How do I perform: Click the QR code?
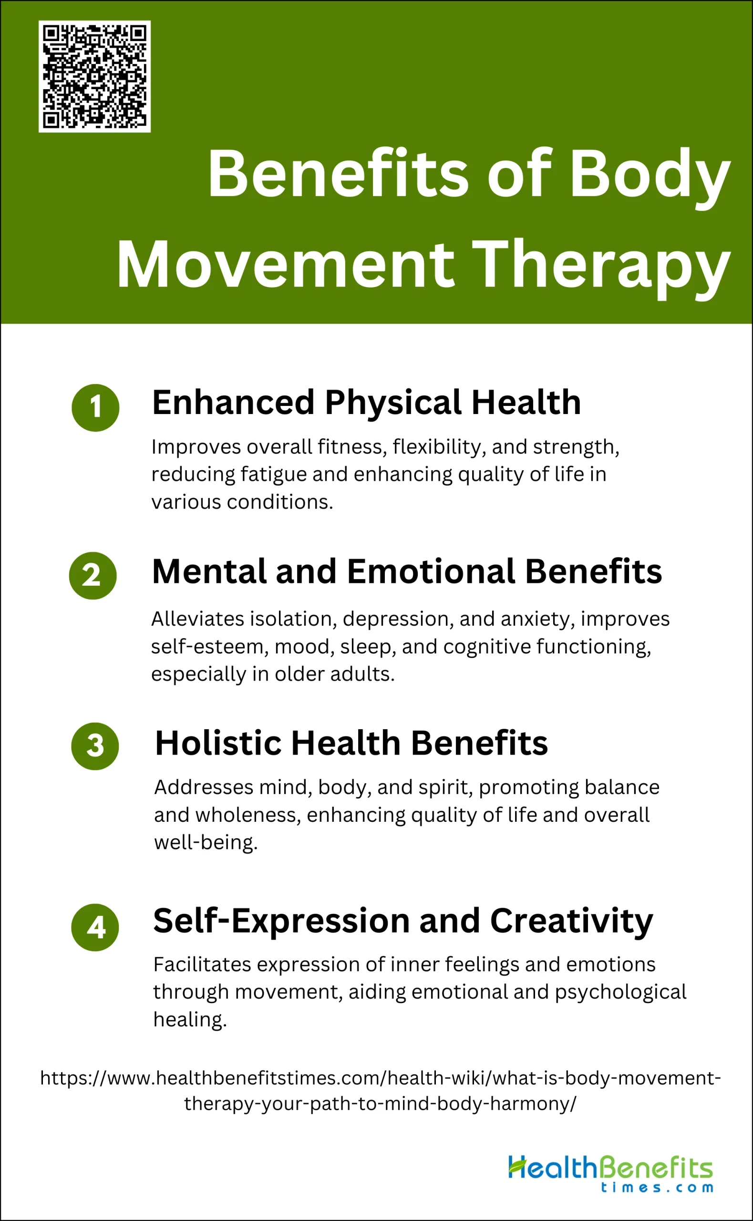94,76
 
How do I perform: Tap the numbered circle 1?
96,407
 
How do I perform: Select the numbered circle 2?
93,575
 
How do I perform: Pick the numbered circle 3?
95,746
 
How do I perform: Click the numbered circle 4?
95,927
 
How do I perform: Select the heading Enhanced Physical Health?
367,403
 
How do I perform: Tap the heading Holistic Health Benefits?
351,743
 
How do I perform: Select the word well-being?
206,843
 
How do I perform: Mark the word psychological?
620,993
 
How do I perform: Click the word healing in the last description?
190,1020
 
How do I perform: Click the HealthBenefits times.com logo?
610,1174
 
